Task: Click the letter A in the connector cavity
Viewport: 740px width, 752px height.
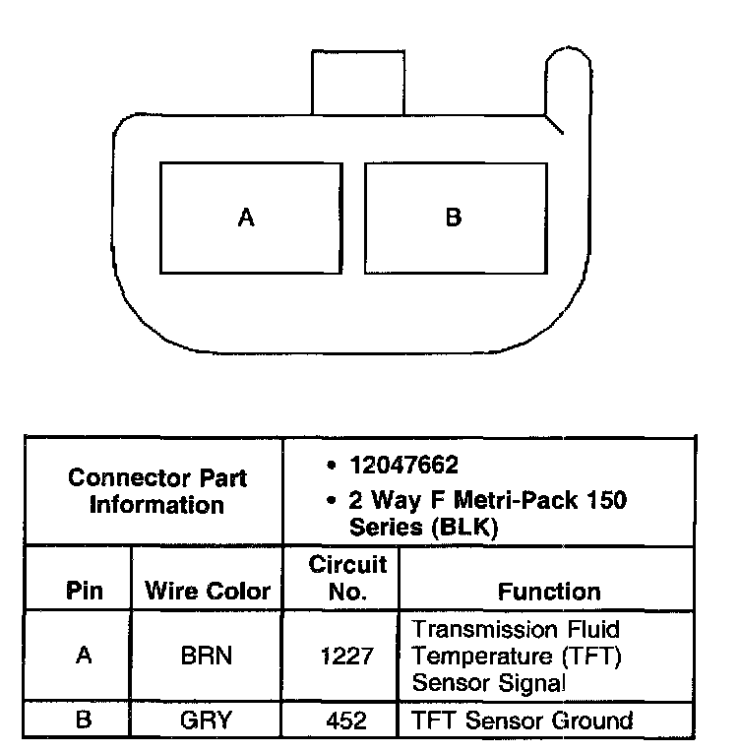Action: click(246, 218)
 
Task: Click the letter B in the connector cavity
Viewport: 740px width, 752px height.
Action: click(454, 218)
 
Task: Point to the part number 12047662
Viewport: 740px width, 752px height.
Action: click(403, 465)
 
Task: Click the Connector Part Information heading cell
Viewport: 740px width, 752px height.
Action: click(157, 491)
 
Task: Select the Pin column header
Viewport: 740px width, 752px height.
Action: click(85, 592)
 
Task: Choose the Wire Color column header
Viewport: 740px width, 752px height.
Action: click(208, 592)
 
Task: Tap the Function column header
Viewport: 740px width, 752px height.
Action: click(549, 592)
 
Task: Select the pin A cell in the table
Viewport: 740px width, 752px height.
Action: click(85, 656)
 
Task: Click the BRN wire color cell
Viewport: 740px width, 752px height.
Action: click(207, 656)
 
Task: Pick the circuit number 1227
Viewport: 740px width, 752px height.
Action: click(348, 656)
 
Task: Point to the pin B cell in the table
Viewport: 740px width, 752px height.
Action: click(85, 721)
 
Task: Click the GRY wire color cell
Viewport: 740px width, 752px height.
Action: click(207, 721)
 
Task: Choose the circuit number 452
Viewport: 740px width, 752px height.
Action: click(348, 721)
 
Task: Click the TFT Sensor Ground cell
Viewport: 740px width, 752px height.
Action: click(522, 721)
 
